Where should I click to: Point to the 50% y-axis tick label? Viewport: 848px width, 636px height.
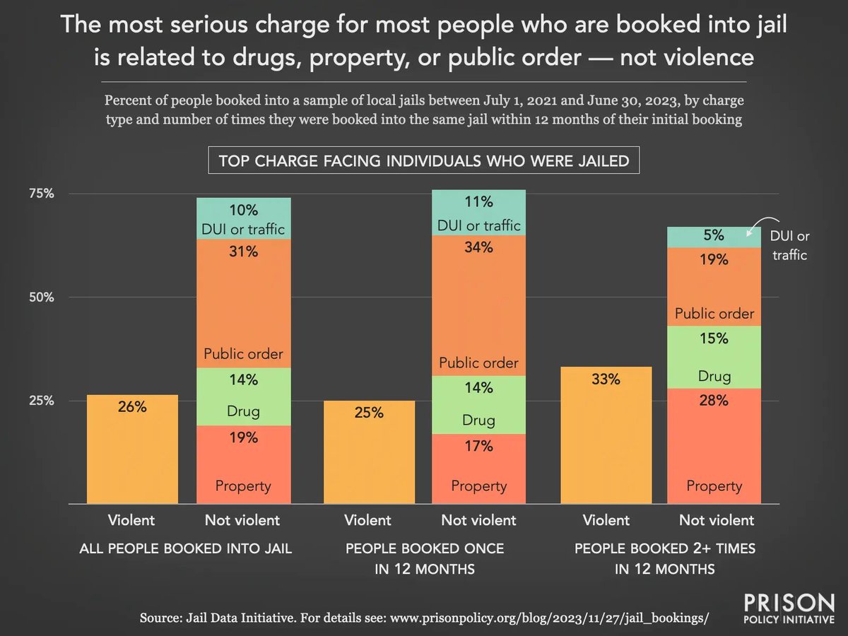pyautogui.click(x=41, y=298)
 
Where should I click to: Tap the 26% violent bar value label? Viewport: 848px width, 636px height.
pyautogui.click(x=132, y=407)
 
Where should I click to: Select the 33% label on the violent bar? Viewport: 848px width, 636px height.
pyautogui.click(x=606, y=379)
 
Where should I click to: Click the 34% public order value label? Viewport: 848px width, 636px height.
pyautogui.click(x=479, y=248)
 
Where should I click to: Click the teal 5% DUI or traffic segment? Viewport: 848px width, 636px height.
pyautogui.click(x=714, y=237)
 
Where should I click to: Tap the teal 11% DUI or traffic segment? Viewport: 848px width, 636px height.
pyautogui.click(x=479, y=212)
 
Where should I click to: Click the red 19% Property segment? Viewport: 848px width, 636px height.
pyautogui.click(x=242, y=463)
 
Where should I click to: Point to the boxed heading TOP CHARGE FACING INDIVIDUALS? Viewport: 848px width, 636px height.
pyautogui.click(x=424, y=161)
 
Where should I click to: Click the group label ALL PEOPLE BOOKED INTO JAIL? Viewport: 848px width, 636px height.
pyautogui.click(x=187, y=548)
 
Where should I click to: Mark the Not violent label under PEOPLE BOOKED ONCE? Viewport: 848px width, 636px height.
pyautogui.click(x=479, y=521)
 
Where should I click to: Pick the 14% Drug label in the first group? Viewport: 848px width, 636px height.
pyautogui.click(x=242, y=379)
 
